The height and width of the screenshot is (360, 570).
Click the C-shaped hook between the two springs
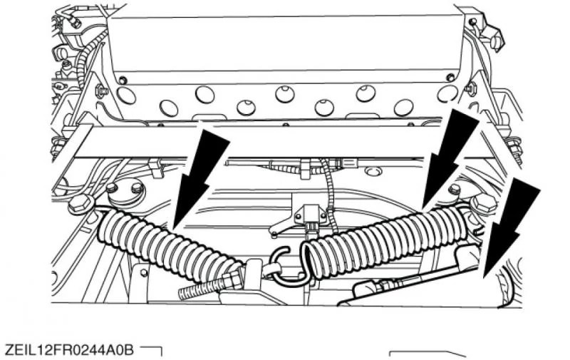coord(287,264)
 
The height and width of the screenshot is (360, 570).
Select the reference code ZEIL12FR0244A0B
coord(70,351)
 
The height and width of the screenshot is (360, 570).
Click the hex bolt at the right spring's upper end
coord(484,205)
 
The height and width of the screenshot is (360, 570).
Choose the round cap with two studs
coord(125,192)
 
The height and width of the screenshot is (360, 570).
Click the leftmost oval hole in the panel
coord(127,96)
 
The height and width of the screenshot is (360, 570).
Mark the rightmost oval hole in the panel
coord(447,94)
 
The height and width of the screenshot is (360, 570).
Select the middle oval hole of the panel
coord(284,94)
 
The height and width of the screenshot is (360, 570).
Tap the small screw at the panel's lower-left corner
coord(123,80)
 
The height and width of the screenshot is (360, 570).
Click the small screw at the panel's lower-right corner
coord(450,77)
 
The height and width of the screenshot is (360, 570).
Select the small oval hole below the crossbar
coord(371,170)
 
